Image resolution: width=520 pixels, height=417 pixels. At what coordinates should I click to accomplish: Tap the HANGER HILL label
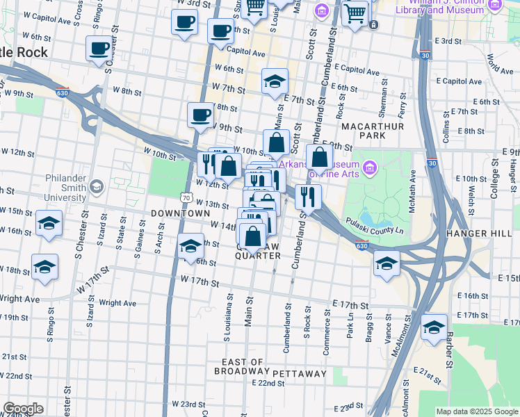[x=482, y=234]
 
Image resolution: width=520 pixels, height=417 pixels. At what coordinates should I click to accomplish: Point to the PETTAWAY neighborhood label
[x=299, y=374]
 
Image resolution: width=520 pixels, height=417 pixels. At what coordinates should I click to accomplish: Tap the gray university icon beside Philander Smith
[x=96, y=186]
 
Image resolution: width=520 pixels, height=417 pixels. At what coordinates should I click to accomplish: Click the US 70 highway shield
[x=186, y=197]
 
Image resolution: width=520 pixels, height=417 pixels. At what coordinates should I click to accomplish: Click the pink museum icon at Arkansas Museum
[x=369, y=167]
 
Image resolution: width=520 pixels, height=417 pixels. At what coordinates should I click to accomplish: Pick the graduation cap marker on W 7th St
[x=275, y=81]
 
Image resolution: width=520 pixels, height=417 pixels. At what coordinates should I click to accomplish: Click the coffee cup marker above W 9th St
[x=201, y=114]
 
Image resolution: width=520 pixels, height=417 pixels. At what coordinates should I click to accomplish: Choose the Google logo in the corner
[x=23, y=409]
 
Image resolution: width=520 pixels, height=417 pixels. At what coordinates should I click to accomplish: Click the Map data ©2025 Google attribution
[x=477, y=411]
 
